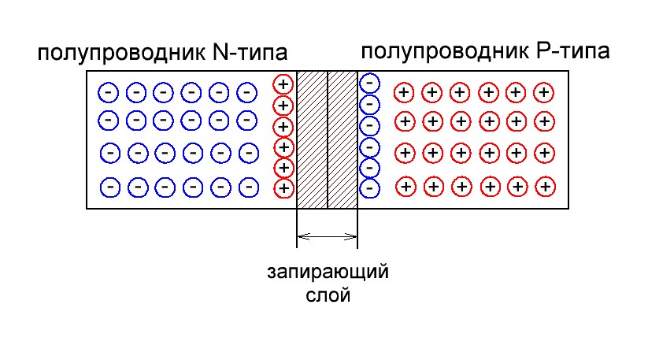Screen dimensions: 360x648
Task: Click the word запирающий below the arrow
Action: (328, 273)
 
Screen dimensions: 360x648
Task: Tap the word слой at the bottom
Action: (328, 297)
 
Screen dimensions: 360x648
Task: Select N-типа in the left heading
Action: (250, 53)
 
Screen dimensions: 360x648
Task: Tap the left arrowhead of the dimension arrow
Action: (300, 235)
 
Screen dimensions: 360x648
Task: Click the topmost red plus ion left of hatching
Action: (283, 84)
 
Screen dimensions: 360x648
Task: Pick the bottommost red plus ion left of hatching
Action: (283, 188)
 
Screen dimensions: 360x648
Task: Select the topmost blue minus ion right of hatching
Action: (369, 83)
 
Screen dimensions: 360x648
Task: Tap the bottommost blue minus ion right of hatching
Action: (369, 188)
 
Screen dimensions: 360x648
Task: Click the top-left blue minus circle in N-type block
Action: (108, 92)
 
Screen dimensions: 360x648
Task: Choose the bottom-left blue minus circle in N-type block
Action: (111, 187)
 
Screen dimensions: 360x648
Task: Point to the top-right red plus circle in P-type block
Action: (542, 92)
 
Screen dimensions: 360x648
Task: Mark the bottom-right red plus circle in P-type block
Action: (544, 187)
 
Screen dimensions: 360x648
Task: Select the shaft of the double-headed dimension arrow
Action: (327, 235)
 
